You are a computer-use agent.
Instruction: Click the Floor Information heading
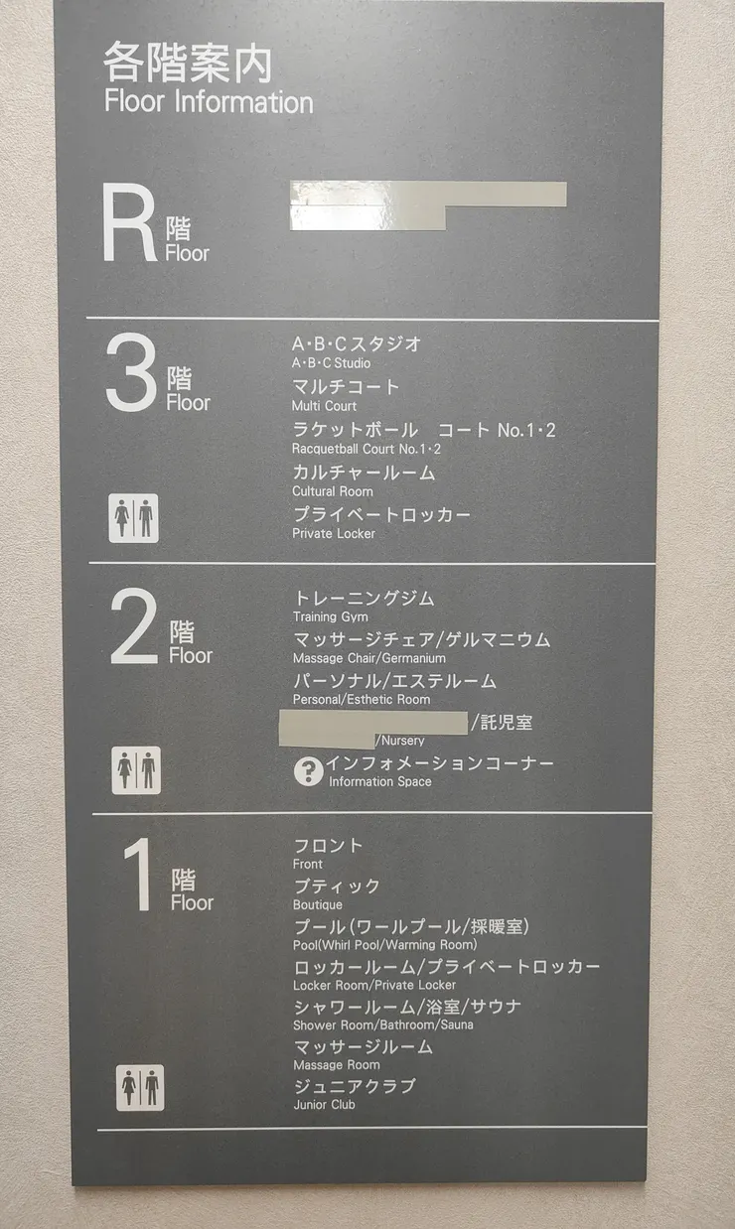(209, 101)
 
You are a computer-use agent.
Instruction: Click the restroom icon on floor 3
(133, 518)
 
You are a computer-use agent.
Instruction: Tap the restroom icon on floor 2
(135, 770)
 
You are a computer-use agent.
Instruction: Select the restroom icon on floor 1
(139, 1087)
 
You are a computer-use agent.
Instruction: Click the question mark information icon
(309, 771)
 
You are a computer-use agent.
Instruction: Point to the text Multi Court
(324, 406)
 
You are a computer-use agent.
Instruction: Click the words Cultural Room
(333, 491)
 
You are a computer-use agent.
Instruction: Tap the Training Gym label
(331, 617)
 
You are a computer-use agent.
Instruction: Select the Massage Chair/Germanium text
(369, 658)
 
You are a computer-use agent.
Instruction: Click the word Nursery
(400, 741)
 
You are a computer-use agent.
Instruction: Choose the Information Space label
(380, 782)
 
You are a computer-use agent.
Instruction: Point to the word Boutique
(318, 905)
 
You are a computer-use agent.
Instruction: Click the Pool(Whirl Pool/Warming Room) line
(385, 945)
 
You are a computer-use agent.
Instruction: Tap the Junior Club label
(325, 1105)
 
